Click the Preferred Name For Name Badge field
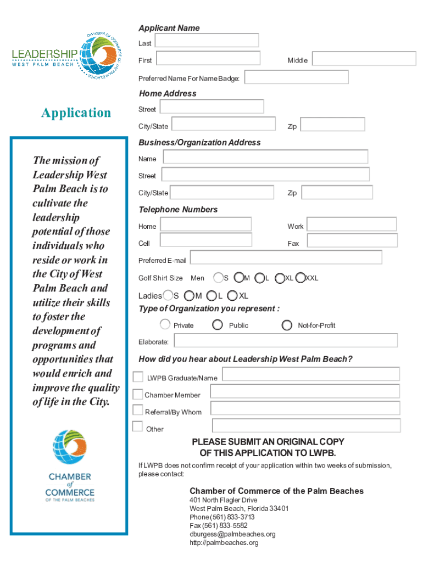pyautogui.click(x=296, y=77)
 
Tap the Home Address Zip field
pyautogui.click(x=332, y=125)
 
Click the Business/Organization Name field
pyautogui.click(x=265, y=157)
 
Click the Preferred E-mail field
pyautogui.click(x=286, y=257)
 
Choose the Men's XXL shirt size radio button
pyautogui.click(x=300, y=278)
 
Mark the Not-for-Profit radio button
pyautogui.click(x=287, y=325)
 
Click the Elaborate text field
pyautogui.click(x=285, y=341)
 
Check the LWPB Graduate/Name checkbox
pyautogui.click(x=138, y=377)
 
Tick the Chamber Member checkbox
pyautogui.click(x=138, y=394)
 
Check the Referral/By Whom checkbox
pyautogui.click(x=138, y=410)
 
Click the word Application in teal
pyautogui.click(x=76, y=113)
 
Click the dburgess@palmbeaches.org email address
pyautogui.click(x=232, y=534)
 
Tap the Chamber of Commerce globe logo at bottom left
pyautogui.click(x=69, y=448)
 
